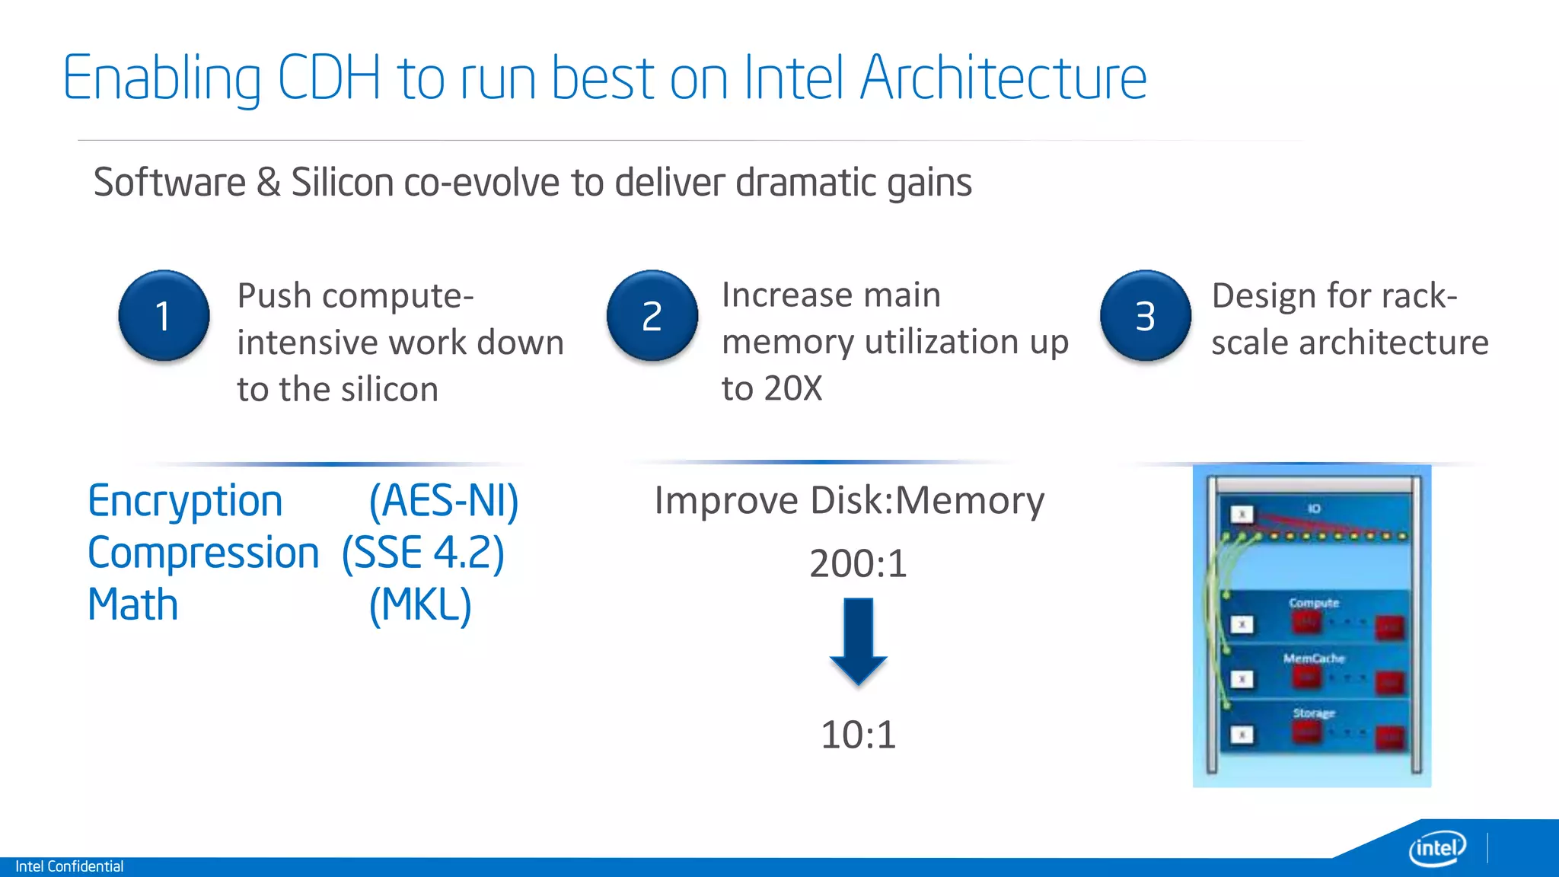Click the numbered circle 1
164,315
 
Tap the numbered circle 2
652,315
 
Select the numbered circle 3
1145,315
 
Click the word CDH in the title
329,78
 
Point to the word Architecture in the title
1003,78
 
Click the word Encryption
185,502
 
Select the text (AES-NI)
444,502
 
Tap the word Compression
203,553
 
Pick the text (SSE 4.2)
423,553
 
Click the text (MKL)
420,605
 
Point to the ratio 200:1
858,564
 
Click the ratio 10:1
858,735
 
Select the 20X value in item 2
793,389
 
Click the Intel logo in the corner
1437,847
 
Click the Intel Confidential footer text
69,866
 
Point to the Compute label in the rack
1314,603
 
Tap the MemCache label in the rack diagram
1314,659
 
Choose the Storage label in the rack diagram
1314,713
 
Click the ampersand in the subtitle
268,183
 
